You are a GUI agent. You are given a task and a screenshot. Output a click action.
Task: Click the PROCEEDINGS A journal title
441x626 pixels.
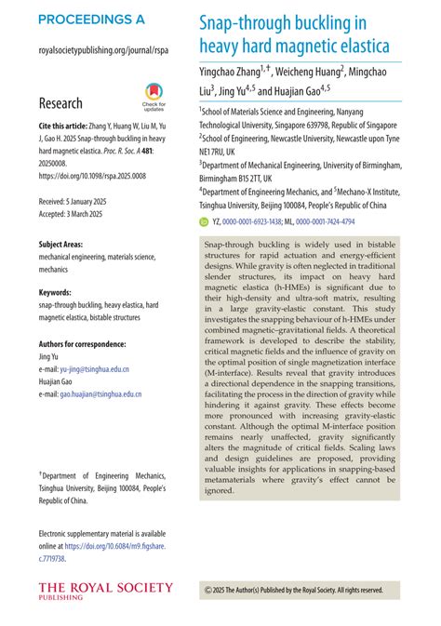[x=92, y=20]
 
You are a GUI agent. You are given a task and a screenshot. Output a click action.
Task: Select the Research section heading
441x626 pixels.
[x=60, y=103]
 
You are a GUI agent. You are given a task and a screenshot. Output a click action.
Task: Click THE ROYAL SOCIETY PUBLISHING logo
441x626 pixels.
[x=105, y=591]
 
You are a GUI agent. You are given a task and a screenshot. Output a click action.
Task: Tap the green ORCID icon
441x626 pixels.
[x=206, y=222]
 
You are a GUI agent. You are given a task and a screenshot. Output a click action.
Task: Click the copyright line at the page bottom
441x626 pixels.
[x=293, y=590]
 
